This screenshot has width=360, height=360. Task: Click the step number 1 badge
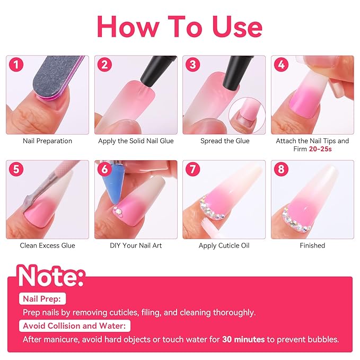coord(18,65)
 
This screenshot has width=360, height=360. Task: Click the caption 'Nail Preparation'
coord(47,141)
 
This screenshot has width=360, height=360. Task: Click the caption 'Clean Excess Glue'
coord(47,245)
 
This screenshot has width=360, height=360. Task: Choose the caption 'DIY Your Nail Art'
coord(135,245)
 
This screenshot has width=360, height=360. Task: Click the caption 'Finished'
coord(312,245)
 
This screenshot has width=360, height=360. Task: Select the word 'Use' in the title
coord(231,27)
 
